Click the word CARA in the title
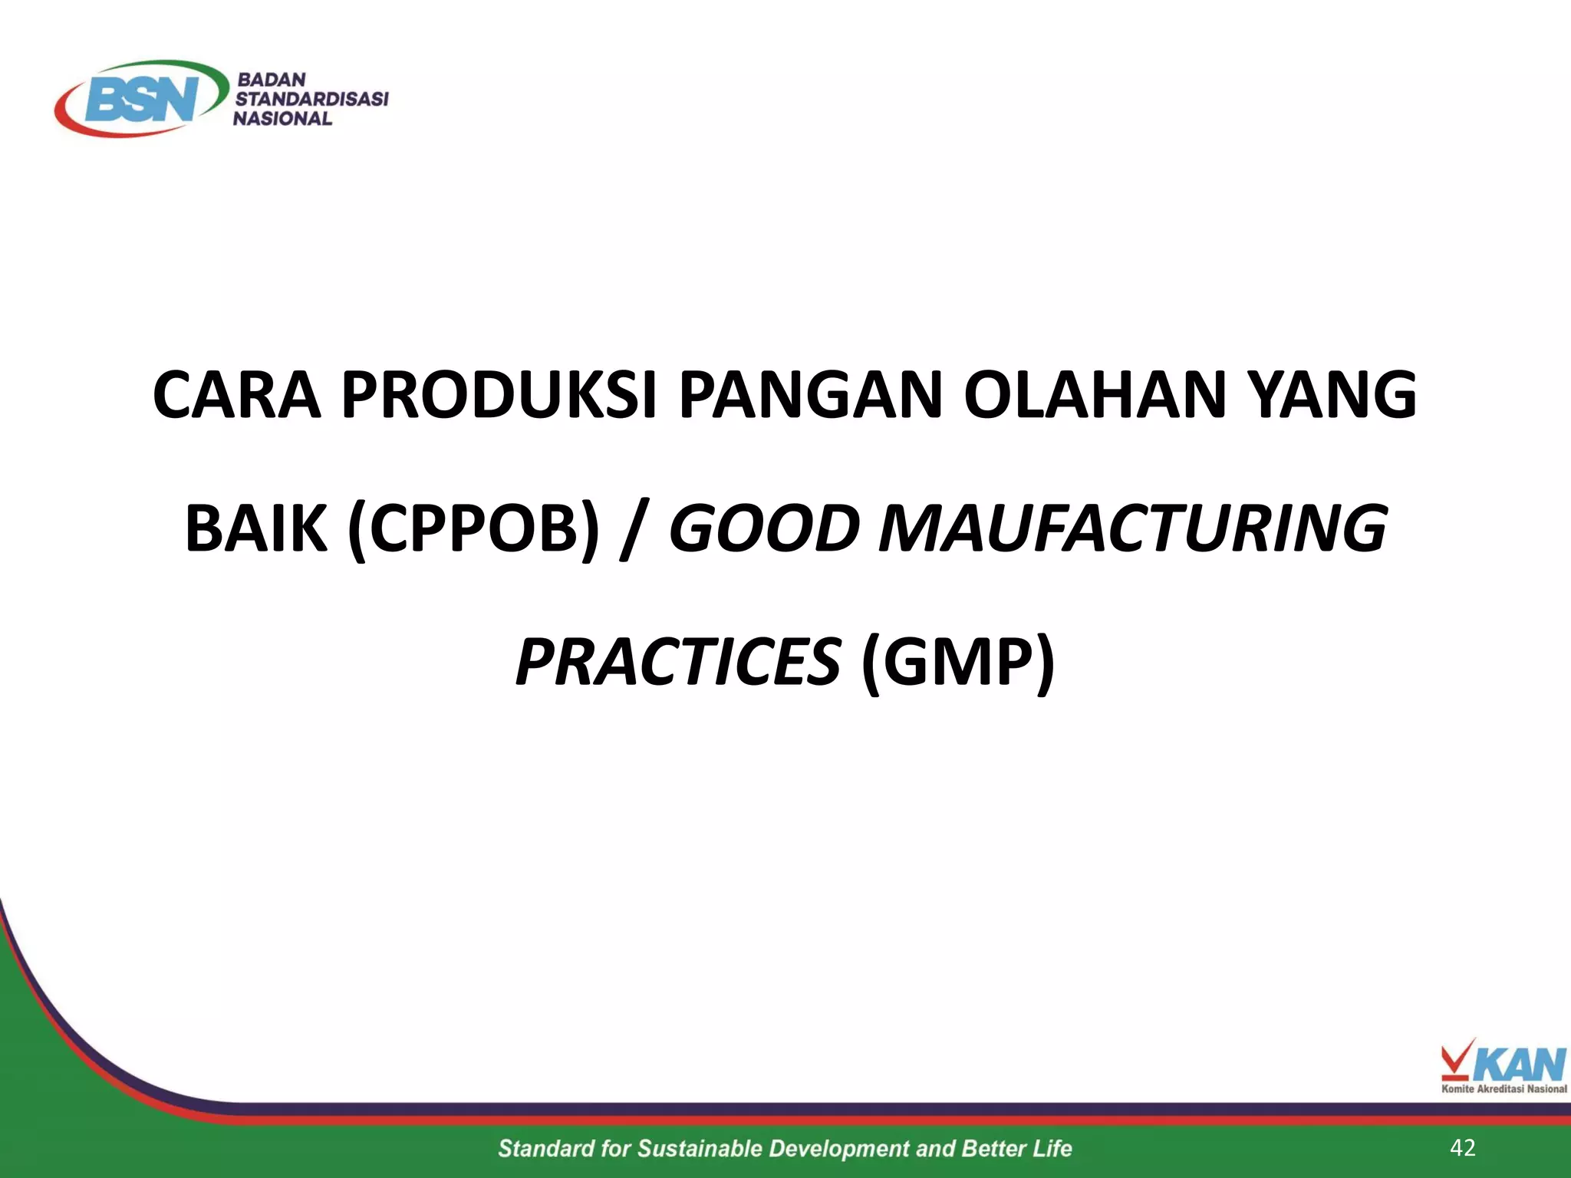(x=236, y=395)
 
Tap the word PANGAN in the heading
(x=810, y=395)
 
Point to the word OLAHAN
(x=1094, y=395)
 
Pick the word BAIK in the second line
(x=255, y=528)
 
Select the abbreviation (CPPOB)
(x=473, y=528)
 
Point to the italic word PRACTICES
(x=678, y=662)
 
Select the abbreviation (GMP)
(x=958, y=662)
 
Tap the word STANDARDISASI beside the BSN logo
(x=311, y=99)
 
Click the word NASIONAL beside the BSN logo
(x=282, y=119)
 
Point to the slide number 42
(x=1463, y=1147)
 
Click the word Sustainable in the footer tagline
(x=700, y=1148)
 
